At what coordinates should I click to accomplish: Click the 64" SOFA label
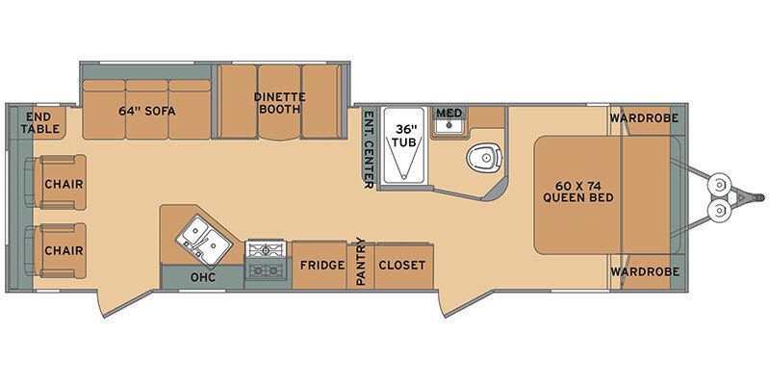(x=146, y=108)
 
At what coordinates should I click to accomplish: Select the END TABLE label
(x=41, y=122)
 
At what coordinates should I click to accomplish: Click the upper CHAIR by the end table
(x=62, y=183)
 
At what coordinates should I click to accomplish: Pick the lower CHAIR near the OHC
(x=62, y=250)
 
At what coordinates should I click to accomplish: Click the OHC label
(x=202, y=277)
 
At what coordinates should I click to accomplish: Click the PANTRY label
(x=361, y=262)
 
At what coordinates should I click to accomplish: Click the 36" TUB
(x=403, y=144)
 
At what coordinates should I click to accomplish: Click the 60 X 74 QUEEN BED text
(x=577, y=192)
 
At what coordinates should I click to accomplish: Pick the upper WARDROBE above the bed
(x=643, y=118)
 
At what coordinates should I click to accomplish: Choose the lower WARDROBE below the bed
(x=643, y=270)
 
